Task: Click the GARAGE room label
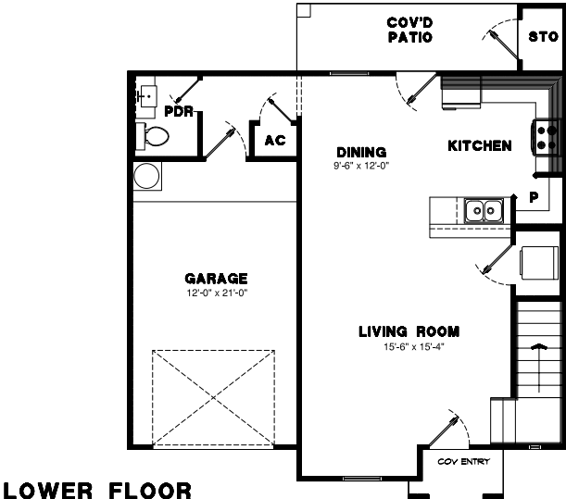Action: pyautogui.click(x=216, y=279)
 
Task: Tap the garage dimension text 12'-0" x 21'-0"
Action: pyautogui.click(x=217, y=293)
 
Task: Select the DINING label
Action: pyautogui.click(x=361, y=152)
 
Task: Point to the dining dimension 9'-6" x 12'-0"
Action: pyautogui.click(x=361, y=166)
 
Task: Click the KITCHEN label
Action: pyautogui.click(x=480, y=145)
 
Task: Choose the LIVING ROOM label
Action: pyautogui.click(x=409, y=331)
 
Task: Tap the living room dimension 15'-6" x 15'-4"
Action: pyautogui.click(x=414, y=347)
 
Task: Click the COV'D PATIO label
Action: pyautogui.click(x=409, y=30)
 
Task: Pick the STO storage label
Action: pyautogui.click(x=543, y=36)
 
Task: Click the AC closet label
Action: pyautogui.click(x=275, y=141)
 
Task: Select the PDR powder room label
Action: pyautogui.click(x=179, y=111)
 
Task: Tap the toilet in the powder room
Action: pyautogui.click(x=152, y=136)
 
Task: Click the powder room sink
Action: pyautogui.click(x=147, y=96)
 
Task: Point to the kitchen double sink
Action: pyautogui.click(x=484, y=210)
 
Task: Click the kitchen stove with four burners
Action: pyautogui.click(x=545, y=137)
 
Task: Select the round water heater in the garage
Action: pyautogui.click(x=146, y=176)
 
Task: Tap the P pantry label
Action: pyautogui.click(x=534, y=197)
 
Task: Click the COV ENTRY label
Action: pyautogui.click(x=463, y=461)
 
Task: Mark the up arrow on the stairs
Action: pyautogui.click(x=539, y=368)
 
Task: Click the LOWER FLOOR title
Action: pyautogui.click(x=97, y=491)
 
